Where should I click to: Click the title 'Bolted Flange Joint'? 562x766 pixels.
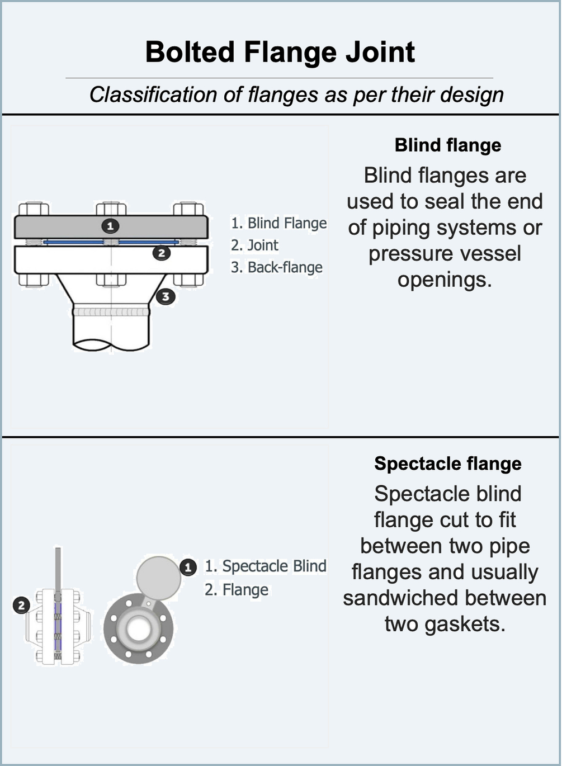click(280, 52)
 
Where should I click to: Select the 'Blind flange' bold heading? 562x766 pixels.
click(448, 145)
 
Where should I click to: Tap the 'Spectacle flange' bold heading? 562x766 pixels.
click(448, 464)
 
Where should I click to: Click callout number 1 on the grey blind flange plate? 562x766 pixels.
click(110, 226)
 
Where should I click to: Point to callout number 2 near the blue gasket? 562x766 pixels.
click(162, 253)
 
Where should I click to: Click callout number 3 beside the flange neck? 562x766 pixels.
click(166, 296)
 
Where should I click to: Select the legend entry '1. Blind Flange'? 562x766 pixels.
click(278, 223)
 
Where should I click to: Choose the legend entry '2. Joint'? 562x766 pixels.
click(254, 245)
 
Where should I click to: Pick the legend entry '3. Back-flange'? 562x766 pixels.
click(276, 267)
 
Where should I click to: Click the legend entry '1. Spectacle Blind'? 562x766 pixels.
click(265, 566)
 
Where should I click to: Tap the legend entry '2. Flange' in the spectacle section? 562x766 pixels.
click(236, 590)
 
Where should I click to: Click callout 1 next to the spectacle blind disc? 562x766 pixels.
click(188, 568)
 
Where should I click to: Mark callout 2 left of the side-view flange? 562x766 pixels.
click(21, 605)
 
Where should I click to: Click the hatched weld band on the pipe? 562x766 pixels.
click(111, 311)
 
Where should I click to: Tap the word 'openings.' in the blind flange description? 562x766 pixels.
click(445, 279)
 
